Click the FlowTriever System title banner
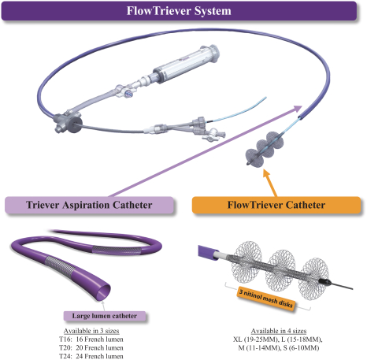[179, 11]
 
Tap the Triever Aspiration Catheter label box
[89, 205]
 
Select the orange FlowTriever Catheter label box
[276, 205]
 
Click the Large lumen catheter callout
[105, 316]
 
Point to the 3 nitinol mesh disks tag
[265, 299]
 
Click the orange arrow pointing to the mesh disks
[270, 183]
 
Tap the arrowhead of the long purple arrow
[298, 109]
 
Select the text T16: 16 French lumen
[91, 340]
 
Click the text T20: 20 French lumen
[91, 347]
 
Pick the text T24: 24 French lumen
[91, 356]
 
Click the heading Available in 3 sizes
[91, 331]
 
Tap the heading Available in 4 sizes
[279, 331]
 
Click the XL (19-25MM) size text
[256, 340]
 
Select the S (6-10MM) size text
[301, 348]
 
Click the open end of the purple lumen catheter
[102, 292]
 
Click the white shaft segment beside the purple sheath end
[222, 254]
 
